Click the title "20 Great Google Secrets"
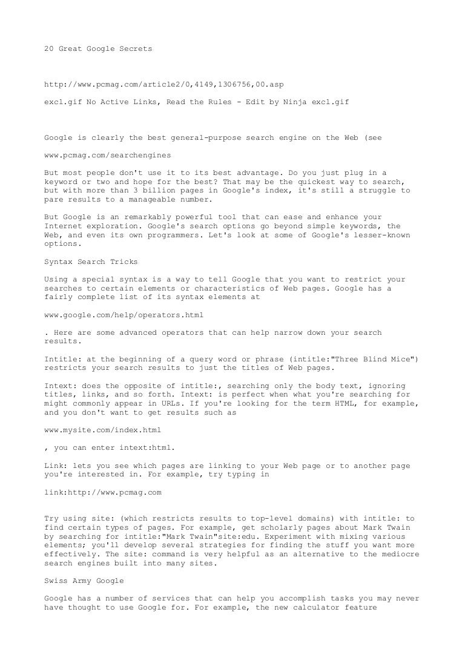[x=99, y=48]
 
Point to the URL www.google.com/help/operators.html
[x=124, y=315]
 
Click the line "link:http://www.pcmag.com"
[x=104, y=492]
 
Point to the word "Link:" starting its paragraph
[x=58, y=466]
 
